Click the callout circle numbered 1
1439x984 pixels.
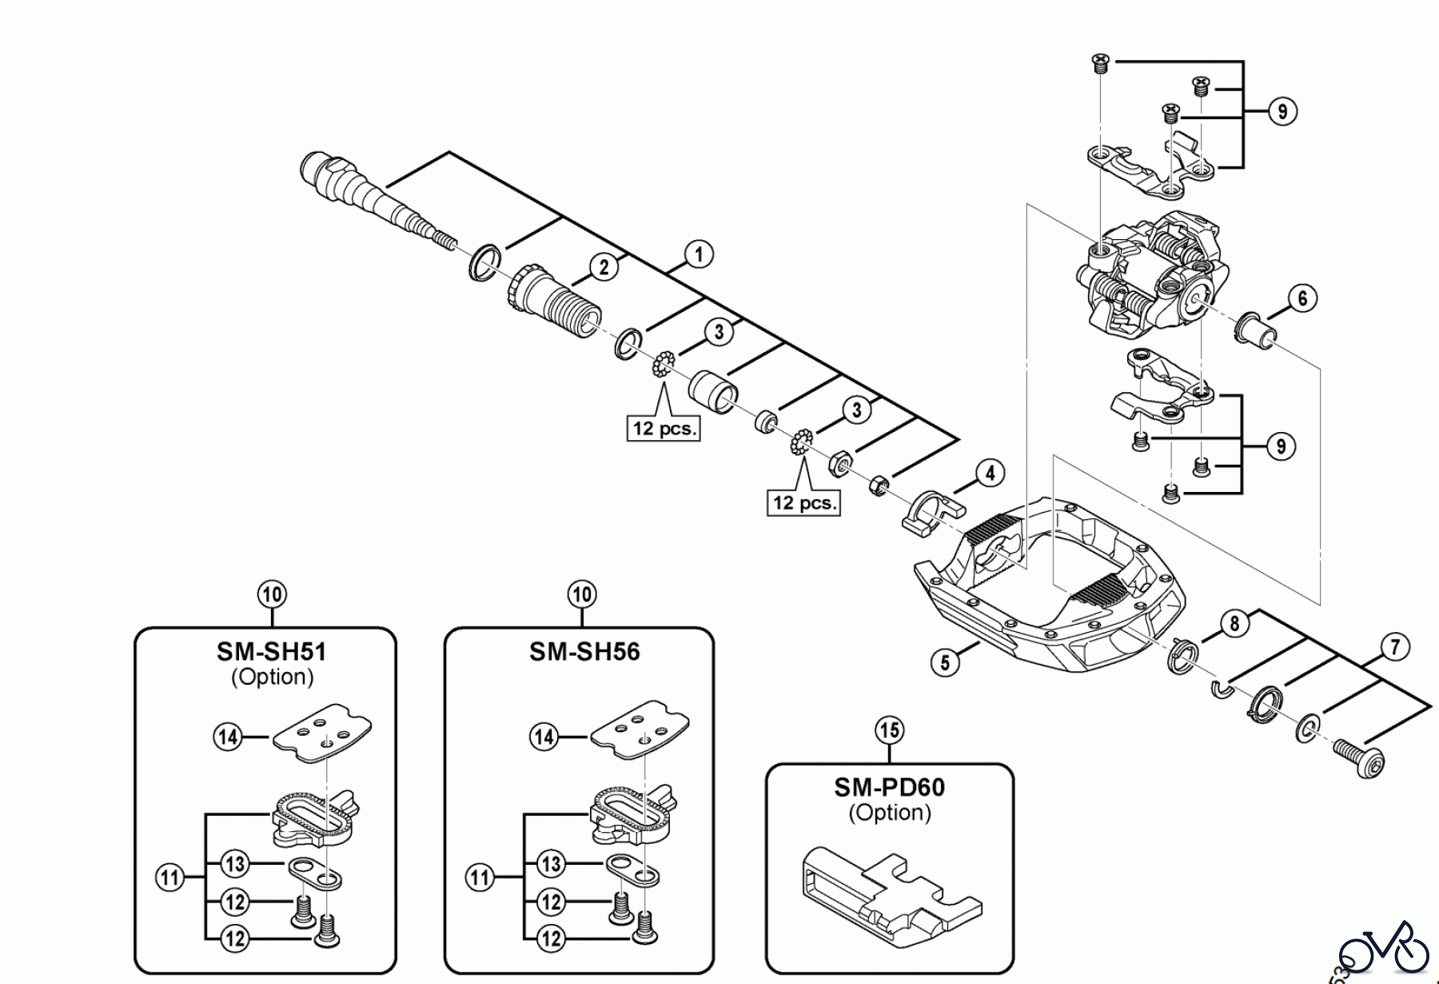[x=699, y=255]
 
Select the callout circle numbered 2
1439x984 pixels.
[x=604, y=267]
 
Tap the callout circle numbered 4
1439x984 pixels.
[x=990, y=474]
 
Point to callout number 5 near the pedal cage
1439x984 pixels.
[x=945, y=662]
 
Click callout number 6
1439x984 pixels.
[x=1302, y=298]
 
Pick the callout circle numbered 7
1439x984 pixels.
[x=1395, y=646]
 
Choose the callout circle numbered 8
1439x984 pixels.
[x=1234, y=623]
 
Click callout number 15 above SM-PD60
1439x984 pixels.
[x=889, y=730]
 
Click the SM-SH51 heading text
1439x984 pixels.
[x=272, y=652]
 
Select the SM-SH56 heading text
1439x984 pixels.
[x=584, y=652]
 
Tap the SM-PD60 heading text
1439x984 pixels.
[x=889, y=787]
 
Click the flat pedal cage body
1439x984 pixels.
[x=1047, y=584]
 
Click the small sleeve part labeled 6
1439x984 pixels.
[x=1254, y=330]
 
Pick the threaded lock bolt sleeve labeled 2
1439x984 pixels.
[x=555, y=300]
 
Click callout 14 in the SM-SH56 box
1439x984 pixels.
[x=544, y=736]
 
